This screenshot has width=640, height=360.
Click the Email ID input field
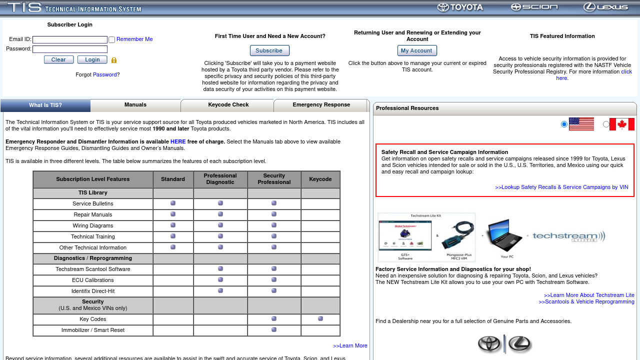point(70,39)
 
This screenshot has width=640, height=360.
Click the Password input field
point(70,49)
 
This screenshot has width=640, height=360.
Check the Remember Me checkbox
point(112,40)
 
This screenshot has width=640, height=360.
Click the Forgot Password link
point(104,74)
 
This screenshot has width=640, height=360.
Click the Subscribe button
point(269,50)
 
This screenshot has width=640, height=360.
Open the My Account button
point(417,50)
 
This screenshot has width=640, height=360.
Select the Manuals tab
point(135,105)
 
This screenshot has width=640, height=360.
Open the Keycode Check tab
point(228,105)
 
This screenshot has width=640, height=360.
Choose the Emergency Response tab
point(321,105)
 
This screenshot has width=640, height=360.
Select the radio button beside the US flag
point(564,124)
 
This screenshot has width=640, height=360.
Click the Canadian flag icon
point(621,124)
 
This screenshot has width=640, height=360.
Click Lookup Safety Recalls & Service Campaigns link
point(561,187)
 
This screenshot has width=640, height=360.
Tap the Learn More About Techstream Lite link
point(589,295)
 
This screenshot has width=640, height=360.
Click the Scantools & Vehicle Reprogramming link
point(586,302)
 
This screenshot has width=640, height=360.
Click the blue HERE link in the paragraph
point(178,142)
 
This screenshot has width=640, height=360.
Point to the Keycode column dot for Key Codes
point(320,318)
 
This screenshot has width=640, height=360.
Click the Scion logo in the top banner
point(534,7)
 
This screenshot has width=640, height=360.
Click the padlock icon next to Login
point(114,60)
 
